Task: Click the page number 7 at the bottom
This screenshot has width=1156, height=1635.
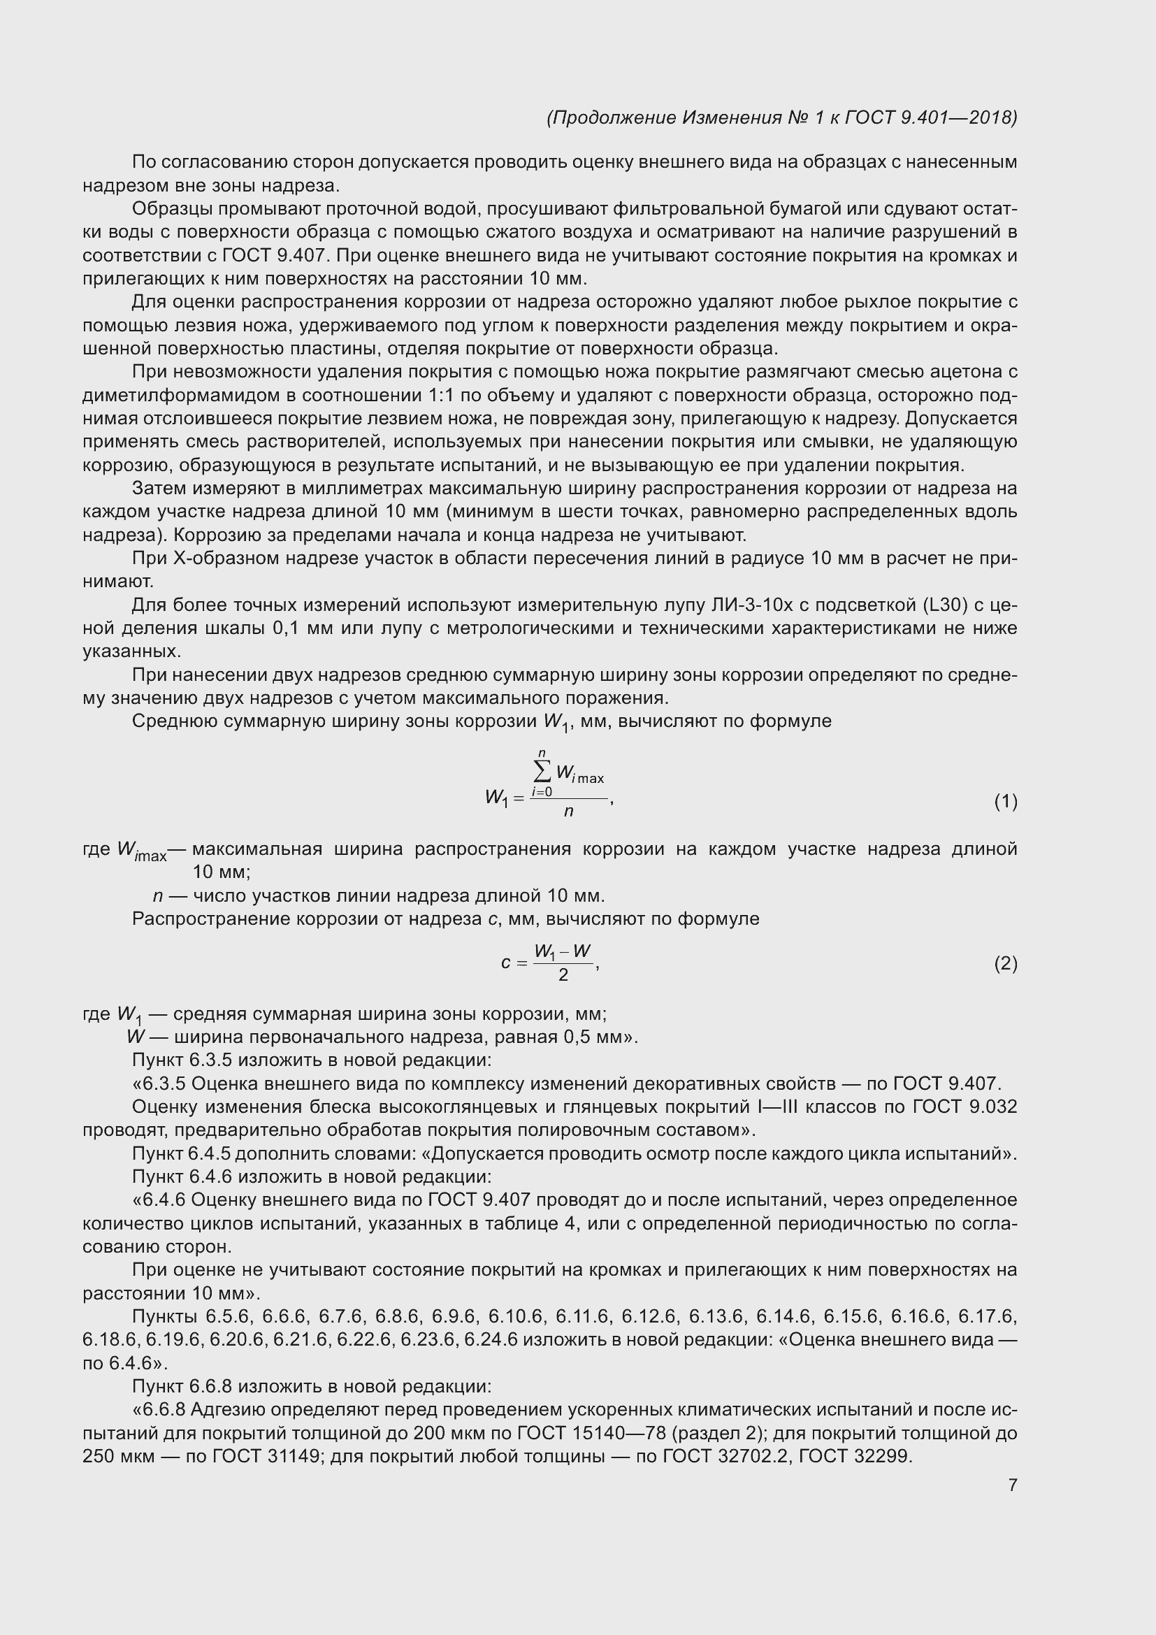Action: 1012,1485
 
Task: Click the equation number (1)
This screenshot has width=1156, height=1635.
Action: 1005,802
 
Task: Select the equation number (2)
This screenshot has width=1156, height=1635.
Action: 1005,964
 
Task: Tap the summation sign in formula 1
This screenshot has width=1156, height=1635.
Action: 542,771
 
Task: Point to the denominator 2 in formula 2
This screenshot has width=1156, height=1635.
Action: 563,976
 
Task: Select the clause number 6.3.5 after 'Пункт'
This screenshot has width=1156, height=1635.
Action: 210,1060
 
